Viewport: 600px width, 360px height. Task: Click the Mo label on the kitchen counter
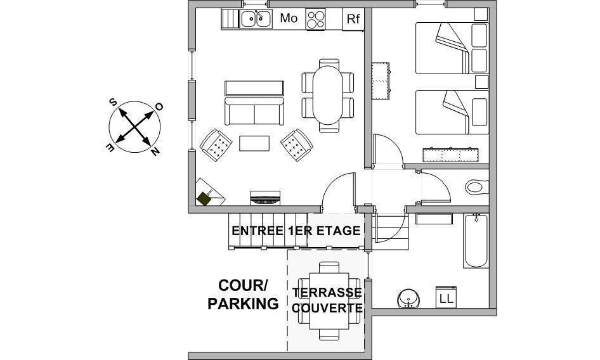pyautogui.click(x=289, y=18)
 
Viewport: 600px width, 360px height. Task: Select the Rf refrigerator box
pyautogui.click(x=353, y=19)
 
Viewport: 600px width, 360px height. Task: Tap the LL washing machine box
pyautogui.click(x=446, y=297)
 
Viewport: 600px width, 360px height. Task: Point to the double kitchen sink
pyautogui.click(x=256, y=19)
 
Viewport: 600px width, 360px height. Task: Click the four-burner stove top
pyautogui.click(x=316, y=19)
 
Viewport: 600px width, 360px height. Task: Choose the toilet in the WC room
pyautogui.click(x=477, y=187)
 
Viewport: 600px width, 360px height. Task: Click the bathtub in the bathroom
pyautogui.click(x=476, y=241)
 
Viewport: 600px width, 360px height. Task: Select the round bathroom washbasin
pyautogui.click(x=408, y=299)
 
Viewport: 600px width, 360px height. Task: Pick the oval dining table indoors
pyautogui.click(x=327, y=95)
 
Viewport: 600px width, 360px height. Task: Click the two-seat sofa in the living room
pyautogui.click(x=254, y=111)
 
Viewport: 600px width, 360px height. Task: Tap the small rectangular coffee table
pyautogui.click(x=254, y=143)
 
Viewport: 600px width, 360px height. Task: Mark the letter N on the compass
pyautogui.click(x=155, y=151)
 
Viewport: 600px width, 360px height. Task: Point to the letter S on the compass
pyautogui.click(x=114, y=102)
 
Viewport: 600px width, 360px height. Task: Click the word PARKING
pyautogui.click(x=243, y=304)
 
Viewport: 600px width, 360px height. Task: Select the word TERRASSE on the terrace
pyautogui.click(x=327, y=293)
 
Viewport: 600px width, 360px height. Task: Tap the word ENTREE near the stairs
pyautogui.click(x=257, y=231)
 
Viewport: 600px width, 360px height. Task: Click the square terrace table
pyautogui.click(x=329, y=300)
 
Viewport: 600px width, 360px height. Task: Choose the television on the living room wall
pyautogui.click(x=265, y=198)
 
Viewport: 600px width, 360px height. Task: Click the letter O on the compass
pyautogui.click(x=159, y=106)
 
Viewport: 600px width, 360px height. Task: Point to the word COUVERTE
pyautogui.click(x=327, y=308)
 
